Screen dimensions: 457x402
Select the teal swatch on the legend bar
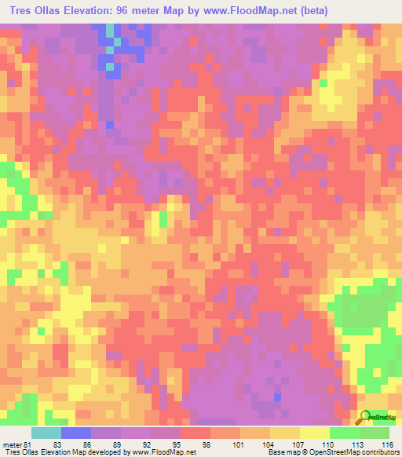pyautogui.click(x=46, y=433)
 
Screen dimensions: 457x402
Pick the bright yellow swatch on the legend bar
pyautogui.click(x=315, y=433)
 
